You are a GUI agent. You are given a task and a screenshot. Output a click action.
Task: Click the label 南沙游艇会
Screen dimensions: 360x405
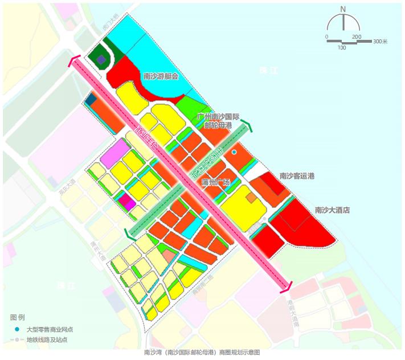161,76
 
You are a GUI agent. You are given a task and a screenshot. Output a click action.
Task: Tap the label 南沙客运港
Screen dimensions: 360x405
297,177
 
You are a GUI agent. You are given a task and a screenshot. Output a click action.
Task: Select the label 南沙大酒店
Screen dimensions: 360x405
332,210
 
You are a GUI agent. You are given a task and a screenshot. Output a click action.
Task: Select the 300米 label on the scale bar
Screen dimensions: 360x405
380,42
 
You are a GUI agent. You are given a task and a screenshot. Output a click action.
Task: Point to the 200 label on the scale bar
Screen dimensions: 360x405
357,36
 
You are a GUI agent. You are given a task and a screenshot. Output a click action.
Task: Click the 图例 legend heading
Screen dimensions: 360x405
17,317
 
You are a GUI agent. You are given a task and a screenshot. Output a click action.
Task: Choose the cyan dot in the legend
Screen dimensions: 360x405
17,329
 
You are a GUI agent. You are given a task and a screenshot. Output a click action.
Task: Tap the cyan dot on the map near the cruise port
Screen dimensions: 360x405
234,153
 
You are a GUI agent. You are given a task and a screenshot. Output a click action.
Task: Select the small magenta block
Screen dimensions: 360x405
126,202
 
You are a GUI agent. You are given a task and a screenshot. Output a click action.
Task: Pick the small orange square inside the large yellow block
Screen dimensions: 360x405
250,197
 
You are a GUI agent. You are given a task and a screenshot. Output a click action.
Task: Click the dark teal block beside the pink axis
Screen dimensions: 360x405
90,101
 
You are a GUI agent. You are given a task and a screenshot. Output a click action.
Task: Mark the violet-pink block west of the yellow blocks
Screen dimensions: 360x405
116,154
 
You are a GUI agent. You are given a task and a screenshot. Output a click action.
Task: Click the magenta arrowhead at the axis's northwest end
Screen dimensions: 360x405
73,62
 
